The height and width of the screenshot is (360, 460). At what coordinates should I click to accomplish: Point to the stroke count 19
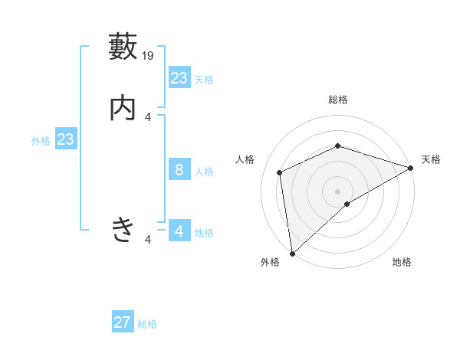(x=149, y=55)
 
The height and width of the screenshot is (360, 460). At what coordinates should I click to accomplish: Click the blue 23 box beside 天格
(x=179, y=78)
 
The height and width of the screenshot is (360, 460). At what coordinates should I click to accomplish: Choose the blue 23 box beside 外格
(x=65, y=139)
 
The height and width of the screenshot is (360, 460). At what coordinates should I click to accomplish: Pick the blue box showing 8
(x=179, y=170)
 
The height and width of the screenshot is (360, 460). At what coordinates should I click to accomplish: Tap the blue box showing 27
(x=123, y=322)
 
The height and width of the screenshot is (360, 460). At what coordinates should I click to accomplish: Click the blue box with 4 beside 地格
(x=179, y=231)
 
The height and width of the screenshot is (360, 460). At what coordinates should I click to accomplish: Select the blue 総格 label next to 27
(x=147, y=324)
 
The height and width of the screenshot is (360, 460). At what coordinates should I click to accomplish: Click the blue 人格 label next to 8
(x=204, y=172)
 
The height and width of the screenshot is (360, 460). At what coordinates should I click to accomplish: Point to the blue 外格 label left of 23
(x=41, y=141)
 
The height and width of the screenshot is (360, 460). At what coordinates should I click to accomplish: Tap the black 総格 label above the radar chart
(x=337, y=100)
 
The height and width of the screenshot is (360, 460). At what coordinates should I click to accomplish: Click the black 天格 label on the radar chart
(x=431, y=159)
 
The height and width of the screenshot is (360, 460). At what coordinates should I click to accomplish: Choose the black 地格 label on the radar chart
(x=402, y=262)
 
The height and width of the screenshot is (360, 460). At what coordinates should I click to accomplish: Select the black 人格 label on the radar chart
(x=245, y=159)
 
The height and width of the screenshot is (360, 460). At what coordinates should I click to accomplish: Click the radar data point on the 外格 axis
(x=292, y=253)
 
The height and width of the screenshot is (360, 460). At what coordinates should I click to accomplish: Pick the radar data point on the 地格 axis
(x=347, y=204)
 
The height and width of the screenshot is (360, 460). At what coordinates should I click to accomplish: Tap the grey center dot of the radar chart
(x=337, y=191)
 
